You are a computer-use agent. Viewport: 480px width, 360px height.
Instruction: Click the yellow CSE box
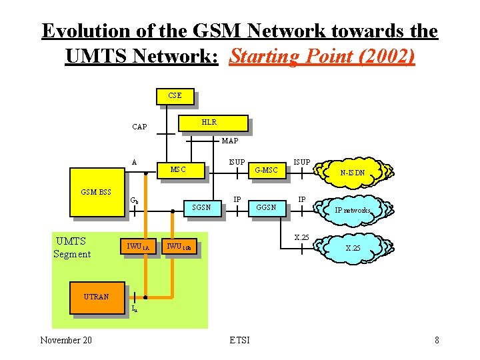(x=175, y=95)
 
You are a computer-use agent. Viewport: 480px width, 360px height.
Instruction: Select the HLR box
(x=208, y=123)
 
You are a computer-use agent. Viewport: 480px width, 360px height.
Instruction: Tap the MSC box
(x=179, y=169)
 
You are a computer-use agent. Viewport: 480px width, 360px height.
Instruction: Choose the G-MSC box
(x=267, y=170)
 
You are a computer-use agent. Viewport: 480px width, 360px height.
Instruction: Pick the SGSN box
(x=201, y=207)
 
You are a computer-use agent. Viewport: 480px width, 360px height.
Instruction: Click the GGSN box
(x=267, y=207)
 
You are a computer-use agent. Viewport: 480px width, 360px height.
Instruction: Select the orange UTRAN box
(x=97, y=297)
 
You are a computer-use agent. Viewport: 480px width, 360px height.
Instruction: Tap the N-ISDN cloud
(x=351, y=172)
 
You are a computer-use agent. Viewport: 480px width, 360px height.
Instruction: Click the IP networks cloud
(x=351, y=209)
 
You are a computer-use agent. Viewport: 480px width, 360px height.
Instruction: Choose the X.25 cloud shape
(x=351, y=247)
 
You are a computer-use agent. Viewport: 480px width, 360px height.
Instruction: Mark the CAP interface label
(x=140, y=127)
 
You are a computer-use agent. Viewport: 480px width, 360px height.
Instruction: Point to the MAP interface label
(x=229, y=141)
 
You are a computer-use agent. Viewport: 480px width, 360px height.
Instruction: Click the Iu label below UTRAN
(x=134, y=309)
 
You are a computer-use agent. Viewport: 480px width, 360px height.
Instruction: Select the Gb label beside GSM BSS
(x=134, y=199)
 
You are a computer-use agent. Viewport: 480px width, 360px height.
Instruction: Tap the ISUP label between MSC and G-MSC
(x=237, y=161)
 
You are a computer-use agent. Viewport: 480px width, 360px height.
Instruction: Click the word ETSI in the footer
(x=239, y=340)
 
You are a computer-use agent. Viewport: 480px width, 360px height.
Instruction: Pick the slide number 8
(x=436, y=340)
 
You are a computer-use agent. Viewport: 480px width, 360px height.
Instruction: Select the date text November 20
(x=66, y=340)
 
